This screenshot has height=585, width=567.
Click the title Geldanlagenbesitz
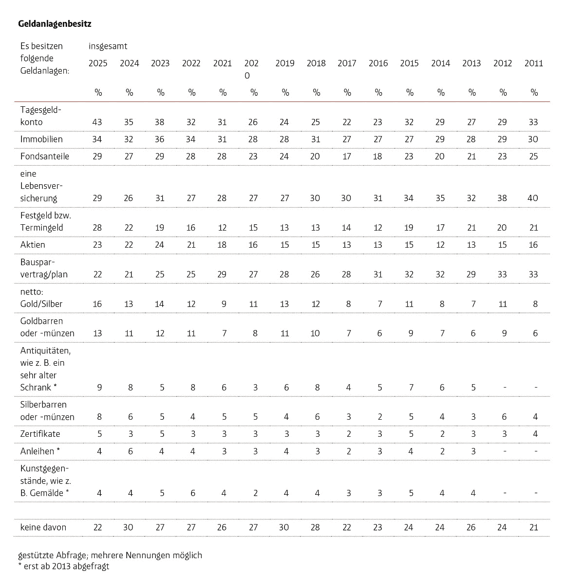(55, 24)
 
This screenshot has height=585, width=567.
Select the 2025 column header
(98, 63)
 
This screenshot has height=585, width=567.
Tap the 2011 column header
(534, 63)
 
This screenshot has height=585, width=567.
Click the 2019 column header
(284, 63)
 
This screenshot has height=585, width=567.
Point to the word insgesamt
(108, 46)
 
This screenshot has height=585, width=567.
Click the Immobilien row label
(41, 139)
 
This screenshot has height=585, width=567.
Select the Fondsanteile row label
(45, 156)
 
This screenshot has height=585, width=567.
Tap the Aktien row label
(33, 245)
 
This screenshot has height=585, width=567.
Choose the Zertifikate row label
(40, 434)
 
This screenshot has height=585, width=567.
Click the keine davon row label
(43, 527)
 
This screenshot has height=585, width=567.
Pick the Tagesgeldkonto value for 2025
(97, 122)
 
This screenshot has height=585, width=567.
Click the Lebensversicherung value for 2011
(533, 198)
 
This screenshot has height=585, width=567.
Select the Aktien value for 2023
(159, 245)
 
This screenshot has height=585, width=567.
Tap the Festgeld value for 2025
(97, 228)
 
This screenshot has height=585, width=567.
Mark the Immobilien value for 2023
(159, 139)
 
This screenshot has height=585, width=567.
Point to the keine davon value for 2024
(128, 527)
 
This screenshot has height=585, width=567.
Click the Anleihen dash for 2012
(505, 451)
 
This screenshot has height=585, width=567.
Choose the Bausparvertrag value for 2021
(222, 274)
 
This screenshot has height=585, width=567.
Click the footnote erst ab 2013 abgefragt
(64, 566)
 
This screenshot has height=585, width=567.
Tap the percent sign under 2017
(347, 92)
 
